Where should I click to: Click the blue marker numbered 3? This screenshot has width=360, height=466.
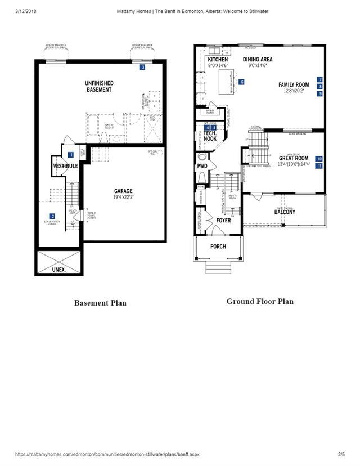143,68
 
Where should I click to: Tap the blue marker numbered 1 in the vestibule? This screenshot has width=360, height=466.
71,154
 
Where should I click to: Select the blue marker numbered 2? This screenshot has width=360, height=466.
52,216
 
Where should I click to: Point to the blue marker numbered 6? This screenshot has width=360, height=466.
241,82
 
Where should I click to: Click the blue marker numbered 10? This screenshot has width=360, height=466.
319,159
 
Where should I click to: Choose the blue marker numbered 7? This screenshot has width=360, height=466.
319,80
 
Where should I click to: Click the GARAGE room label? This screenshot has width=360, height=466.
123,191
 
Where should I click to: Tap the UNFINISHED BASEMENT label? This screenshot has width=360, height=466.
99,87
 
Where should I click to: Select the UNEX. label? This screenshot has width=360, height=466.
58,270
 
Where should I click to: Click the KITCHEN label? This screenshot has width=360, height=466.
218,59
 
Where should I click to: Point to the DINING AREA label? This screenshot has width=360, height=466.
258,59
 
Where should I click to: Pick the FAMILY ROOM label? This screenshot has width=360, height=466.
294,85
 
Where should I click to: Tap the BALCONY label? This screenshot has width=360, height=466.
285,212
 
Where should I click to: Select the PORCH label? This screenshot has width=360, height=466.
218,247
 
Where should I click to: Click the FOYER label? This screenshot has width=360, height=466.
223,221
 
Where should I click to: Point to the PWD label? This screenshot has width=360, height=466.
202,167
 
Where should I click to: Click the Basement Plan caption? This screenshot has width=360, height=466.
100,303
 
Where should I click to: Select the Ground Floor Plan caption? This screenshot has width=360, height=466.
260,301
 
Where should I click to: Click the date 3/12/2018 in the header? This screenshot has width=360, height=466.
27,11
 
